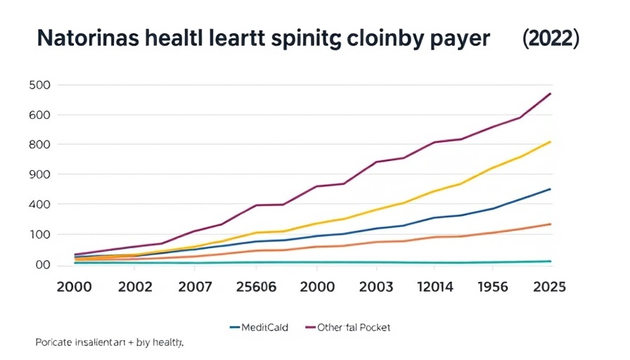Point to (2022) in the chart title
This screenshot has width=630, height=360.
[551, 39]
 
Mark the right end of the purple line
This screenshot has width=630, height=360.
[551, 94]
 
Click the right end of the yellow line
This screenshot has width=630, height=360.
[551, 142]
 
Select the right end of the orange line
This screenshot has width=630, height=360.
[551, 224]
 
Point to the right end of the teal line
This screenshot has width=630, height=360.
[551, 262]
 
